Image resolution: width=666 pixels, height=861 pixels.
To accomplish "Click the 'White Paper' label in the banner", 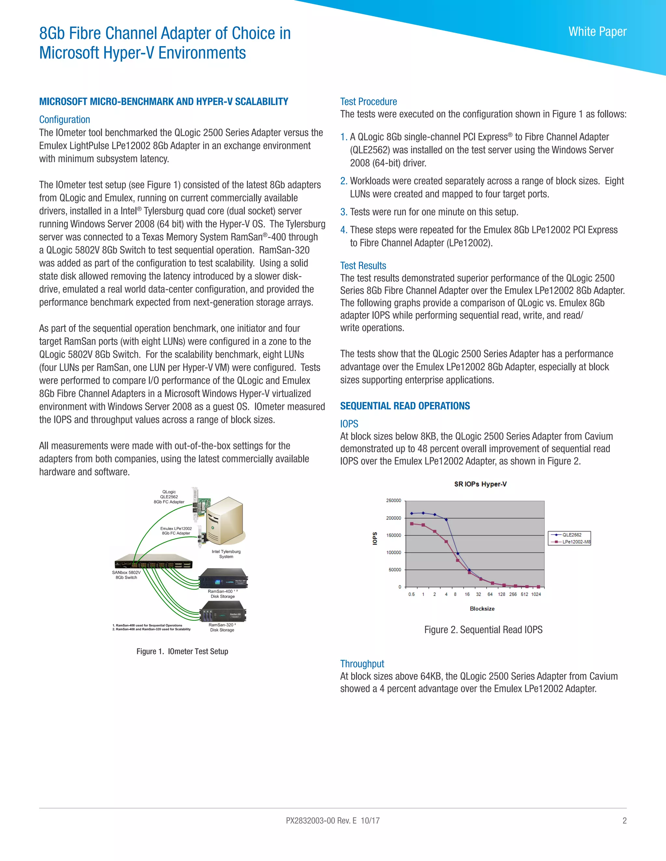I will click(x=597, y=32).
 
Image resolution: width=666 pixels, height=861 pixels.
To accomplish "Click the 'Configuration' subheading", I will click(x=64, y=120).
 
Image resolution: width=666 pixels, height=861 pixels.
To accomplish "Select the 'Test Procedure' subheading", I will click(x=368, y=102).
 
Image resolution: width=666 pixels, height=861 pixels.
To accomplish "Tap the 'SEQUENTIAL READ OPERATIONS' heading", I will click(x=405, y=406).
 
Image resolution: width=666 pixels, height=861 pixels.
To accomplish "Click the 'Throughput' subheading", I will click(x=362, y=663).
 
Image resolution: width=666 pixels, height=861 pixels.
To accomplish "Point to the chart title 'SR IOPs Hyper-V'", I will click(x=480, y=484).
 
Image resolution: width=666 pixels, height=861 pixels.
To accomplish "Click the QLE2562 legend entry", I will click(x=571, y=534).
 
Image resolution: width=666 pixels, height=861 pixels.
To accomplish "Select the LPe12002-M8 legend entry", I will click(x=575, y=542).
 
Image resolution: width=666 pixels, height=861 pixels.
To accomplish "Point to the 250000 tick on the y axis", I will click(x=393, y=500).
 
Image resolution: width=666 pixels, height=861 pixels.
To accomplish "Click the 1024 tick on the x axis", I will click(x=536, y=594).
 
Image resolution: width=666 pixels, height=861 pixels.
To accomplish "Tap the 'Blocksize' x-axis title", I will click(x=482, y=609).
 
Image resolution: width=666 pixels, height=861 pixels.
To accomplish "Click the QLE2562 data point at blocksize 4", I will click(x=446, y=520).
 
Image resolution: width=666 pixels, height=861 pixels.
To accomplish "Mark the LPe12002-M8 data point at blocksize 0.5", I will click(x=411, y=523).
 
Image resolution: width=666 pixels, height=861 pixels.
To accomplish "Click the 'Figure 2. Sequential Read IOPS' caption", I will click(x=483, y=630).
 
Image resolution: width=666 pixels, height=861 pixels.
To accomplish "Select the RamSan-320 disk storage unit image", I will click(x=223, y=611).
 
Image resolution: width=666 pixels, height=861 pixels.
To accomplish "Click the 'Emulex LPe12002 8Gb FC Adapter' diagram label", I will click(x=176, y=531).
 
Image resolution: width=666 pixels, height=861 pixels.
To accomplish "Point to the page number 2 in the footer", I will click(x=624, y=820).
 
